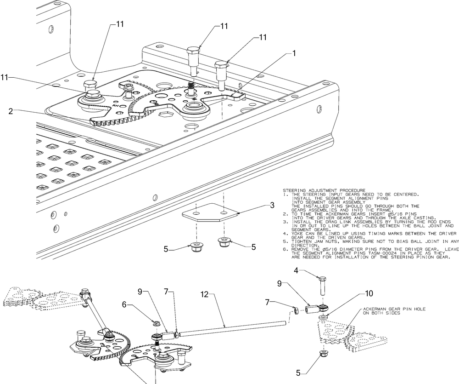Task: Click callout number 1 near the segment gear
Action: (x=294, y=53)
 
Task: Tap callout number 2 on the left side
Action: (x=11, y=111)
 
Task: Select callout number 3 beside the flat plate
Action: (x=272, y=206)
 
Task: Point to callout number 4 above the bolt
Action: (x=296, y=270)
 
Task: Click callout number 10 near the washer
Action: (x=369, y=293)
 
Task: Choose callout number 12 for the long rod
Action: (x=204, y=294)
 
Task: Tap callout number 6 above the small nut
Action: (x=124, y=305)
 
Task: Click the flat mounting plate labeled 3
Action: (x=209, y=212)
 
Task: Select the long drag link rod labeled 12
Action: (x=232, y=328)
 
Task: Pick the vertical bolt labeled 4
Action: (x=321, y=286)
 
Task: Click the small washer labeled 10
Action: (x=323, y=317)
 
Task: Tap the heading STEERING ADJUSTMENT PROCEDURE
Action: (x=324, y=190)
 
